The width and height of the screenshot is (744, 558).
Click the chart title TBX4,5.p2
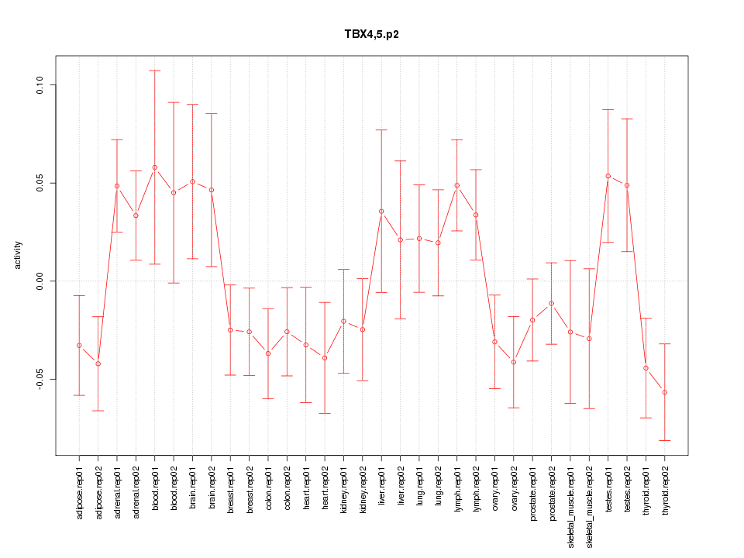(371, 34)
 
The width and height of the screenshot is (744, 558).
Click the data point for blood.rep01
(155, 167)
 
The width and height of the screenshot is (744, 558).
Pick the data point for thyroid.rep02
(665, 392)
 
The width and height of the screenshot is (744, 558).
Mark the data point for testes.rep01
(608, 176)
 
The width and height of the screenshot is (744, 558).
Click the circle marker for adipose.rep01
(79, 346)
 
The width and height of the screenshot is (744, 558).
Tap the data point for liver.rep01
(381, 212)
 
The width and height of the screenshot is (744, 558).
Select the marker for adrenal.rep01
(117, 186)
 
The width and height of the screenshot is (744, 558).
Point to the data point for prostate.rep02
(552, 304)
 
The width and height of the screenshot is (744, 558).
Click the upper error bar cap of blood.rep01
(155, 71)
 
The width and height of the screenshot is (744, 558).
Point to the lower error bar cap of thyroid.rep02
(665, 440)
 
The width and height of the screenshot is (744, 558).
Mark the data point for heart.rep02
(325, 357)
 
